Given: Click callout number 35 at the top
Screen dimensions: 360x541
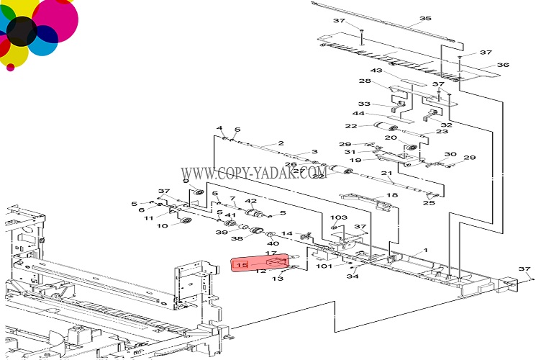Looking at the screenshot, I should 425,19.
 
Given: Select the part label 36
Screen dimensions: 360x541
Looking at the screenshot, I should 502,65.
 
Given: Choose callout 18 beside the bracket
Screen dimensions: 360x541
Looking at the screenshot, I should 392,195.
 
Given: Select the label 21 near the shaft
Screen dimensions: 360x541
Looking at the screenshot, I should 387,173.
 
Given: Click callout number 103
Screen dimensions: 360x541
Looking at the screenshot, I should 338,217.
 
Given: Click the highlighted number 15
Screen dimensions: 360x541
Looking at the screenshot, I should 242,265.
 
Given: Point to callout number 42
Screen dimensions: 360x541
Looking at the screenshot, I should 251,202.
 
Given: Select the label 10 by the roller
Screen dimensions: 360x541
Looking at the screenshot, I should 163,226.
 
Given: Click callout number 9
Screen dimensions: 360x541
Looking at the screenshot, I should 185,181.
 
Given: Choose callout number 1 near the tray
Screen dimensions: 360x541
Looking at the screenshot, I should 425,249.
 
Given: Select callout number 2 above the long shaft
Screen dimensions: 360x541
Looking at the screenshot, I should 281,143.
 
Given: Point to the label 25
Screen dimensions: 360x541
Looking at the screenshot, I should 429,204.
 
